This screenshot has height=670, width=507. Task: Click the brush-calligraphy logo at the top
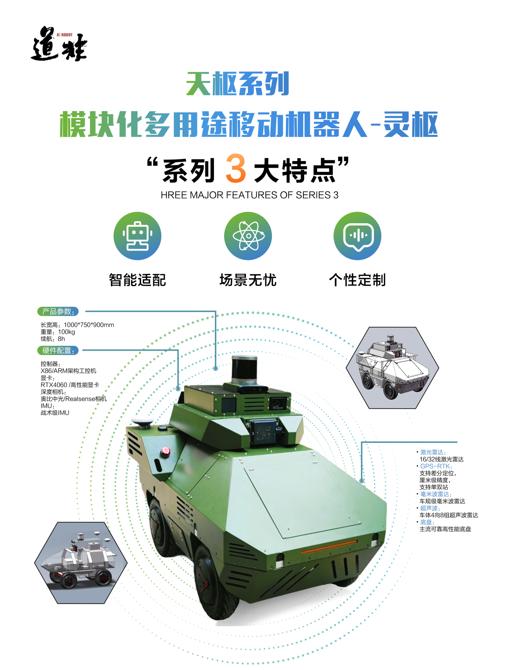coord(59,44)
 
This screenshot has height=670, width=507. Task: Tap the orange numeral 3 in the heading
coord(236,169)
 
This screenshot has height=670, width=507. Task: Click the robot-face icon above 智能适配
coord(137,236)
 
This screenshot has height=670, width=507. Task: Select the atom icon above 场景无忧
coord(248,236)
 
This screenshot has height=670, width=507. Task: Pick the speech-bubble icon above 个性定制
coord(357,236)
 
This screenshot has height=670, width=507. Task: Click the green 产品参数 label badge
coord(58,311)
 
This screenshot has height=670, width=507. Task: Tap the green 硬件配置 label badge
coord(58,351)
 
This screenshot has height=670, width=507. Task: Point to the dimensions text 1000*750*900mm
coord(89,325)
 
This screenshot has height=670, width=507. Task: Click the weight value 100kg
coord(67,332)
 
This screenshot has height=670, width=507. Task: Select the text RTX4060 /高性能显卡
coord(70,385)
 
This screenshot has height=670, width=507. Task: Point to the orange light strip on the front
coord(329,547)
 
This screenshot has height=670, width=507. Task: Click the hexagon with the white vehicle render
coord(393,368)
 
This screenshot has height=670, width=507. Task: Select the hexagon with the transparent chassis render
coord(81,563)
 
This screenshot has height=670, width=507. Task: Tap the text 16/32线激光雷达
coord(442,459)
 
